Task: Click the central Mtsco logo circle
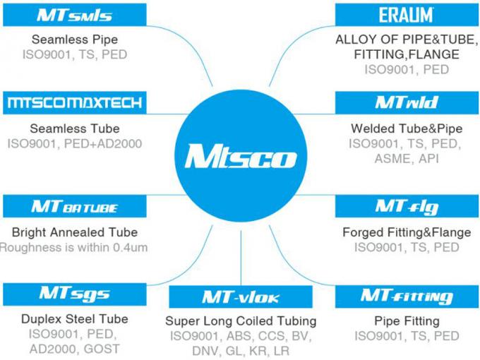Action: click(x=241, y=156)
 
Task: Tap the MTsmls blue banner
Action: click(x=75, y=15)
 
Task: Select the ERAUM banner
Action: click(x=407, y=15)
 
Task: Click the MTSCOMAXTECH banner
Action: click(x=75, y=103)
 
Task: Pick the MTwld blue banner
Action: click(x=407, y=103)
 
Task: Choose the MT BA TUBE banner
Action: click(x=75, y=206)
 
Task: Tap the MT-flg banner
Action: click(x=407, y=206)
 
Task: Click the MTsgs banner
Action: click(x=75, y=294)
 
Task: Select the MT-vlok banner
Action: click(x=241, y=296)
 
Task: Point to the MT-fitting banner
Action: click(x=407, y=296)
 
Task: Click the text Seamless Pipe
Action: click(x=75, y=40)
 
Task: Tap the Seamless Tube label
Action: click(x=75, y=128)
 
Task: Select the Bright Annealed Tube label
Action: click(x=75, y=232)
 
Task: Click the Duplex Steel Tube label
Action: click(x=75, y=319)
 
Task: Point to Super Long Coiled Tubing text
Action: click(x=241, y=321)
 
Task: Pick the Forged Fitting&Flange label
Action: click(x=407, y=232)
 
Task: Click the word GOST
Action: click(x=102, y=349)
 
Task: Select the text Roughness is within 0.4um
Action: click(x=74, y=247)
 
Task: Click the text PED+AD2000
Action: click(x=103, y=143)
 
